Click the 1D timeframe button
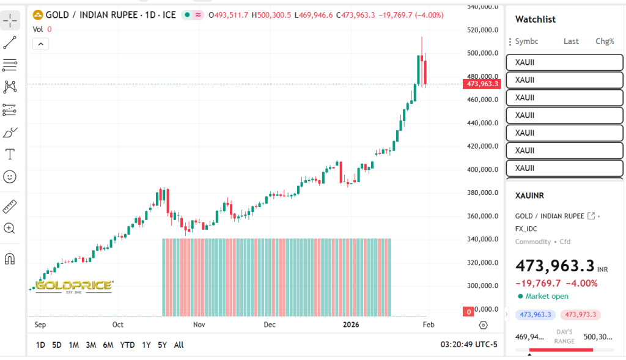click(40, 345)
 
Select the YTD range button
click(127, 345)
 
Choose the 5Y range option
click(162, 345)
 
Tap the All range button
click(179, 345)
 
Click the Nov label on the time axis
click(199, 325)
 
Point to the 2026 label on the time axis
click(351, 325)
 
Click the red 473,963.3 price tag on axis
click(482, 84)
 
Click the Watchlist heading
click(536, 20)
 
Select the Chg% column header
click(605, 42)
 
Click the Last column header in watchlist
click(571, 42)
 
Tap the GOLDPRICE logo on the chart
click(73, 286)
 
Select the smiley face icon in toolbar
click(10, 177)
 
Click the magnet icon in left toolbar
click(10, 259)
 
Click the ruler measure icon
click(10, 206)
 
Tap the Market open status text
click(547, 296)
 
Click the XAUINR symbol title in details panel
click(529, 196)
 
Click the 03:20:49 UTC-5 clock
click(469, 345)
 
